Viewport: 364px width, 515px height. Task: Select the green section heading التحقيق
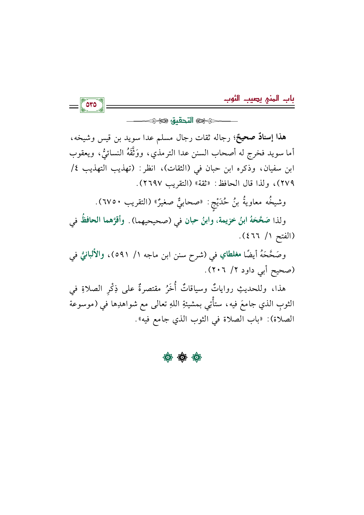click(182, 120)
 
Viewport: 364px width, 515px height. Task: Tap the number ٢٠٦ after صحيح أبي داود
click(219, 270)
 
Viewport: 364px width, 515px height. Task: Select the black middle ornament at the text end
click(182, 357)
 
